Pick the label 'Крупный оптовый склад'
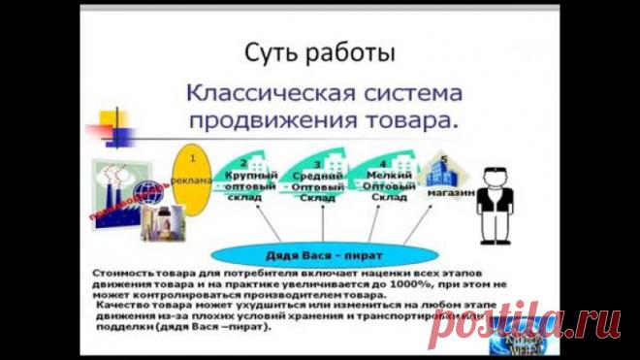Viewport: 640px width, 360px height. [243, 183]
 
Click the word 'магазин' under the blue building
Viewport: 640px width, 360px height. [447, 191]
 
